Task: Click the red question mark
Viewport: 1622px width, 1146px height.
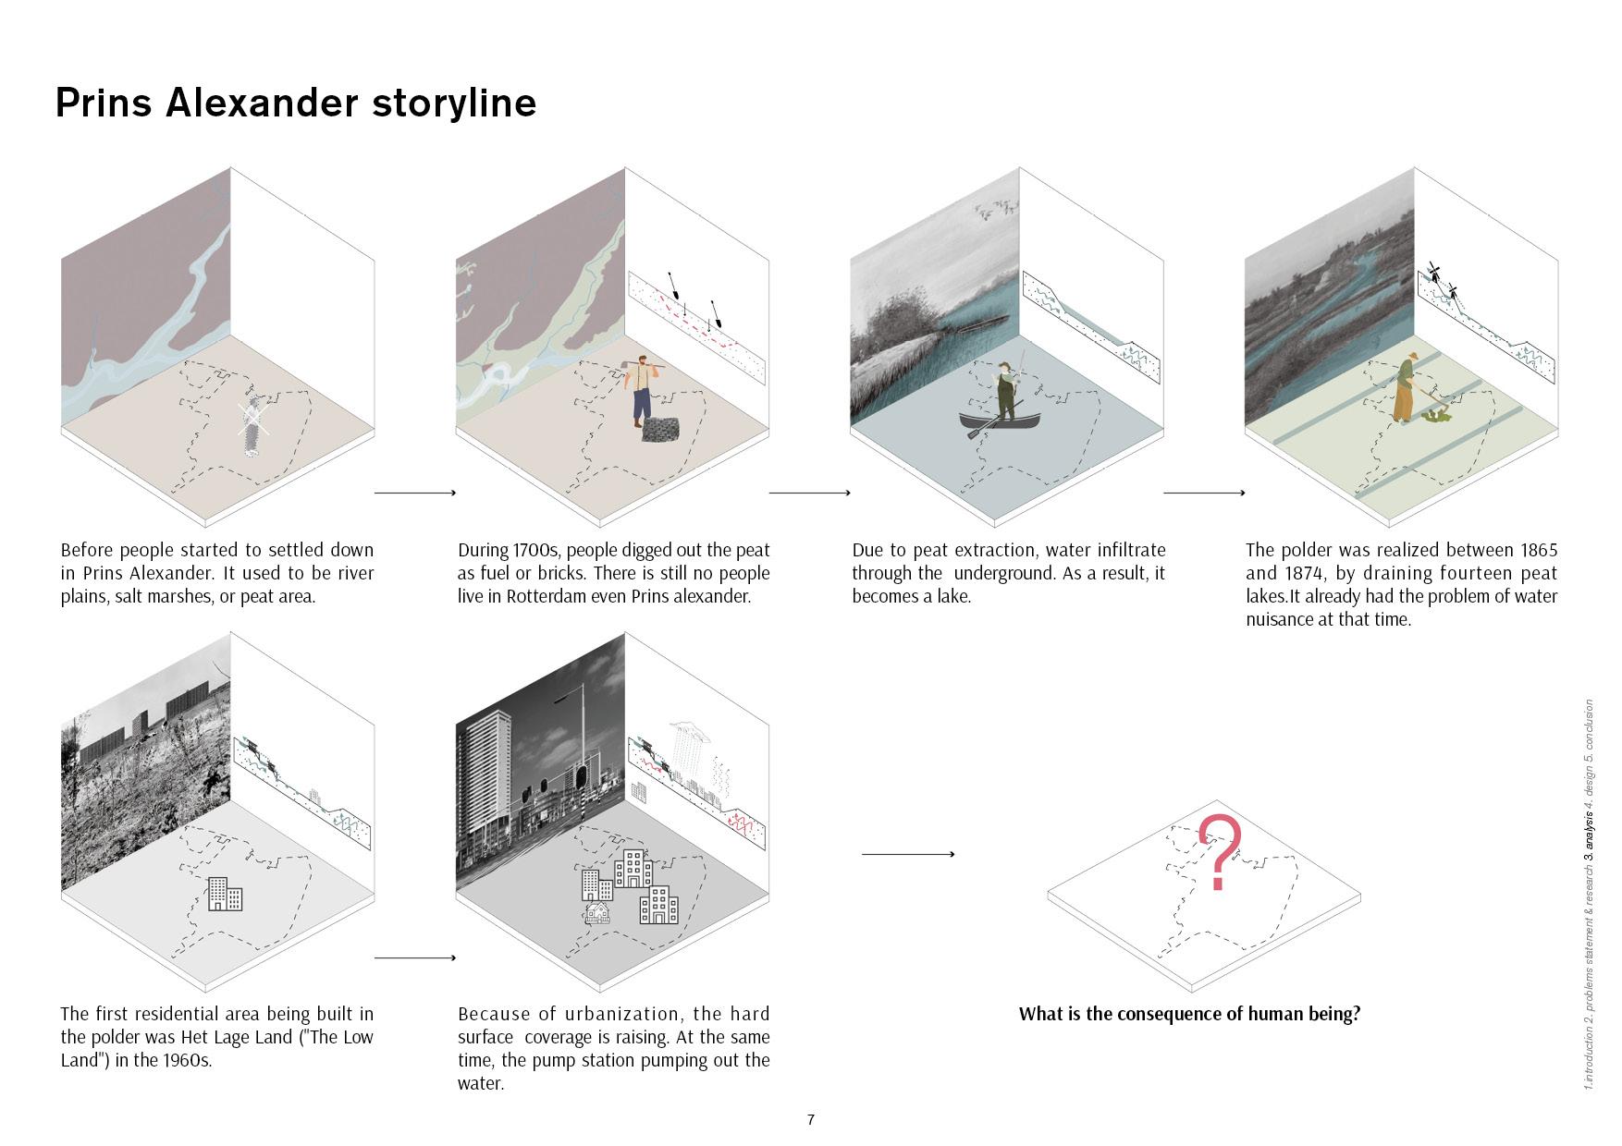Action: point(1220,850)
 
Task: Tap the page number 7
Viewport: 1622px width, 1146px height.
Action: point(811,1120)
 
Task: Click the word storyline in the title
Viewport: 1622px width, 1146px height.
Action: point(454,103)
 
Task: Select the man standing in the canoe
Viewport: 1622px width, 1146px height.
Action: point(1005,392)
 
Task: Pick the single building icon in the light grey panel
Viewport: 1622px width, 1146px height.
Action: point(225,894)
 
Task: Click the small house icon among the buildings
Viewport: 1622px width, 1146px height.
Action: point(597,913)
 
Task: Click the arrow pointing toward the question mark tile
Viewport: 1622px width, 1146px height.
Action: point(907,854)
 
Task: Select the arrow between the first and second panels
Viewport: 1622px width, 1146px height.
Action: point(415,493)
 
